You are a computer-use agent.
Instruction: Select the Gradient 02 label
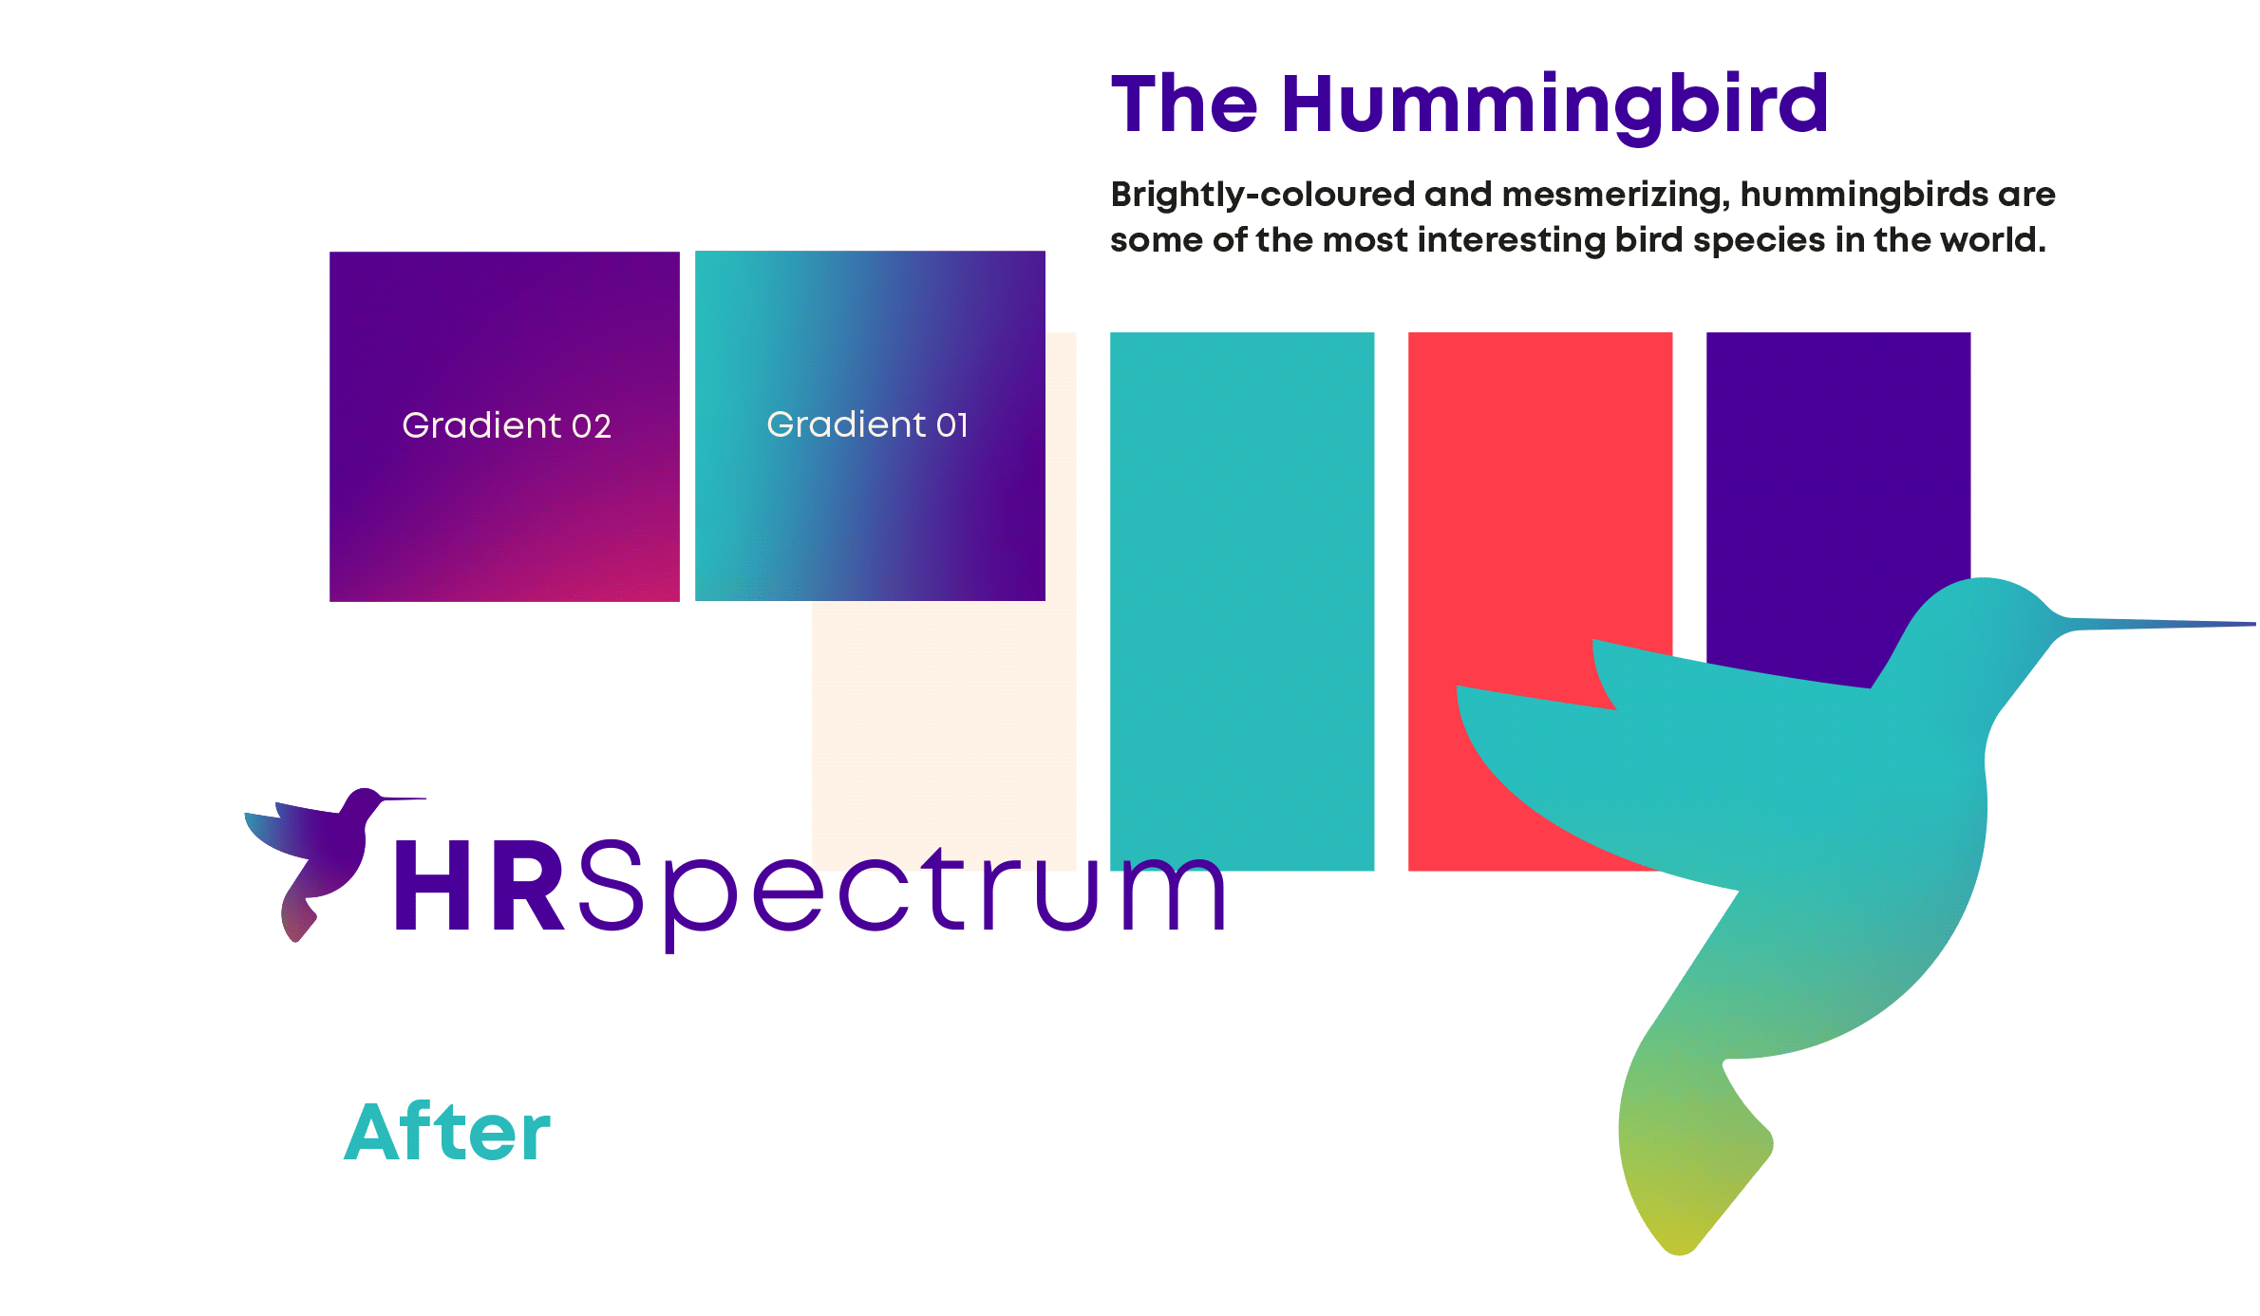506,425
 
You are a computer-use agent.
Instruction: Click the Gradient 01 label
868,424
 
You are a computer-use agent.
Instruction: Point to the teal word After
447,1132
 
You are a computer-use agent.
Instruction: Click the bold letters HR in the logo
480,886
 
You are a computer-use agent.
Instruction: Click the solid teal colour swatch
1242,601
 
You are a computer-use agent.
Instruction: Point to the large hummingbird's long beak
2156,624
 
